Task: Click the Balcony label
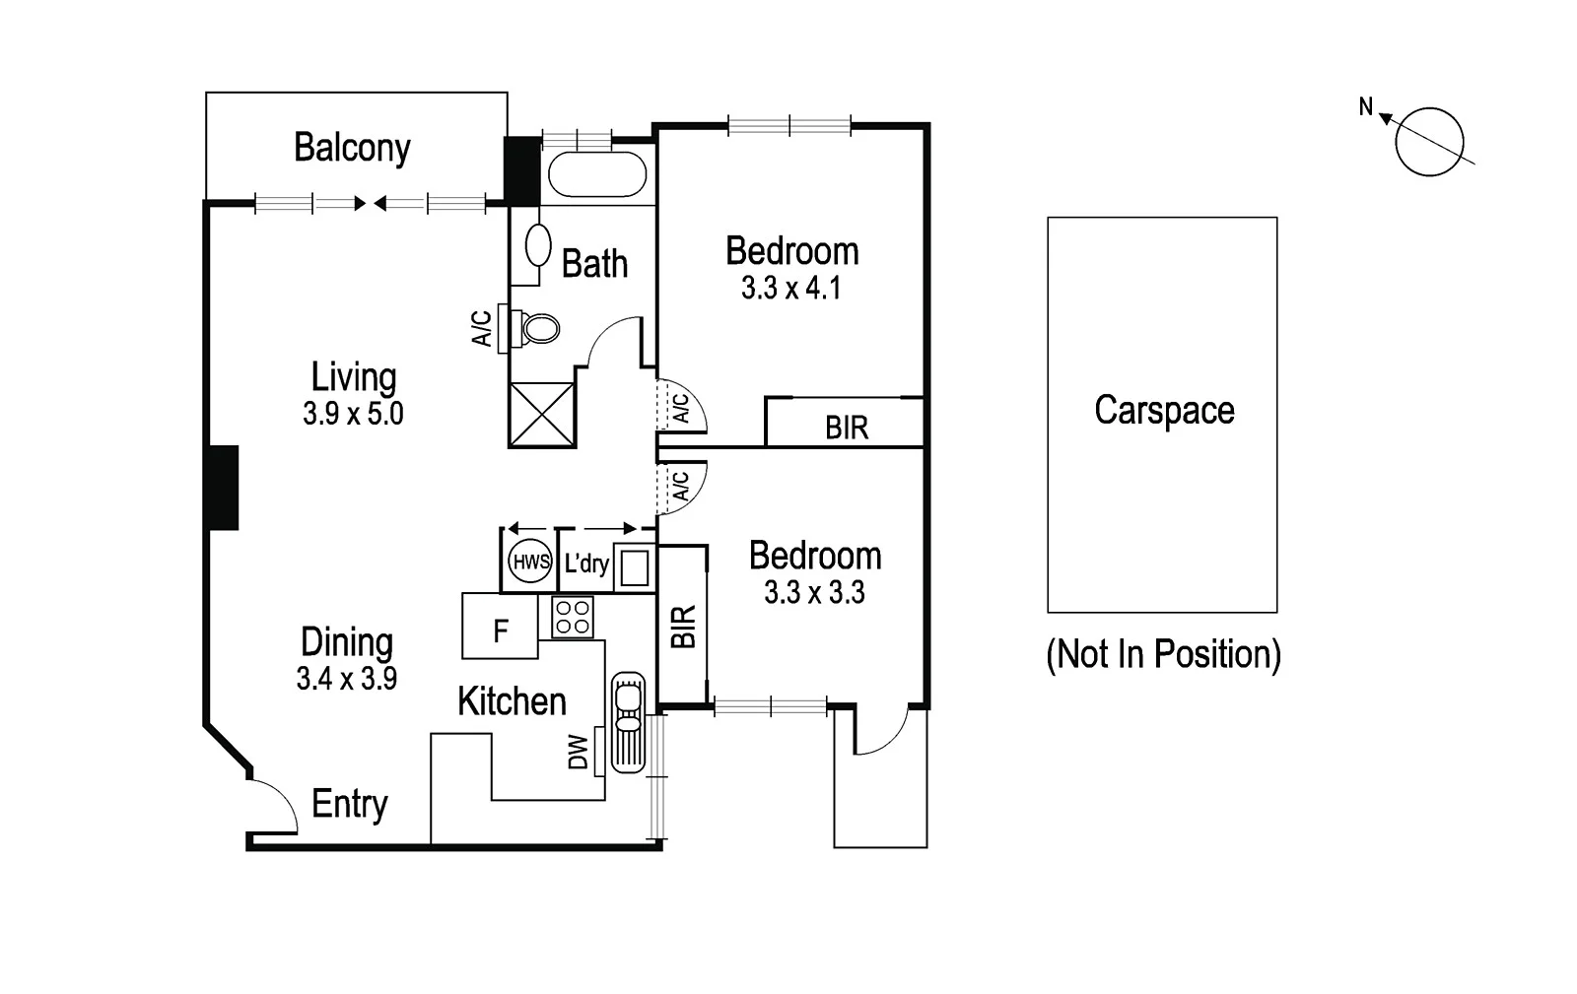[352, 148]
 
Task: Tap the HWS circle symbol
[530, 563]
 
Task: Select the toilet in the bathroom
[537, 328]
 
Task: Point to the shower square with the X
[541, 415]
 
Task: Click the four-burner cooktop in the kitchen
[573, 617]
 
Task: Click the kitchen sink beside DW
[627, 722]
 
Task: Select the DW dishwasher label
[579, 753]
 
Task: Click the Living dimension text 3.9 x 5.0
[353, 414]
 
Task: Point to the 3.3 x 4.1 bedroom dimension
[791, 289]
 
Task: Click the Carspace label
[1164, 411]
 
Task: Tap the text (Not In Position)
[1163, 654]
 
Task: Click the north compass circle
[1429, 142]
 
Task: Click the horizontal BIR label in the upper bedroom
[847, 429]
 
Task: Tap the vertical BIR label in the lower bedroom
[683, 627]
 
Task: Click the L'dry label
[586, 563]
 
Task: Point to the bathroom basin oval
[538, 245]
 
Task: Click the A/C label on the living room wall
[482, 328]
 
